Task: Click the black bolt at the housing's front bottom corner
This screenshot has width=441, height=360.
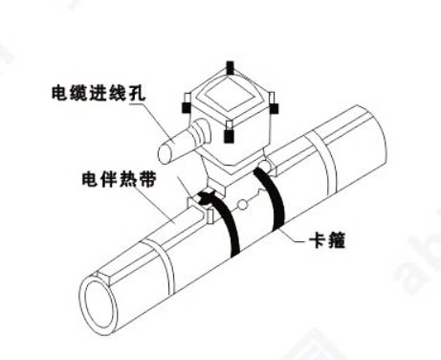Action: [x=230, y=134]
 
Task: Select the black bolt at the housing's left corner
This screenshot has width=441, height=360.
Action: [x=186, y=98]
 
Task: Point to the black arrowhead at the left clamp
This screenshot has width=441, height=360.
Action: [x=203, y=196]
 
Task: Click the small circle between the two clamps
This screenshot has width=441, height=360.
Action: [x=246, y=204]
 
